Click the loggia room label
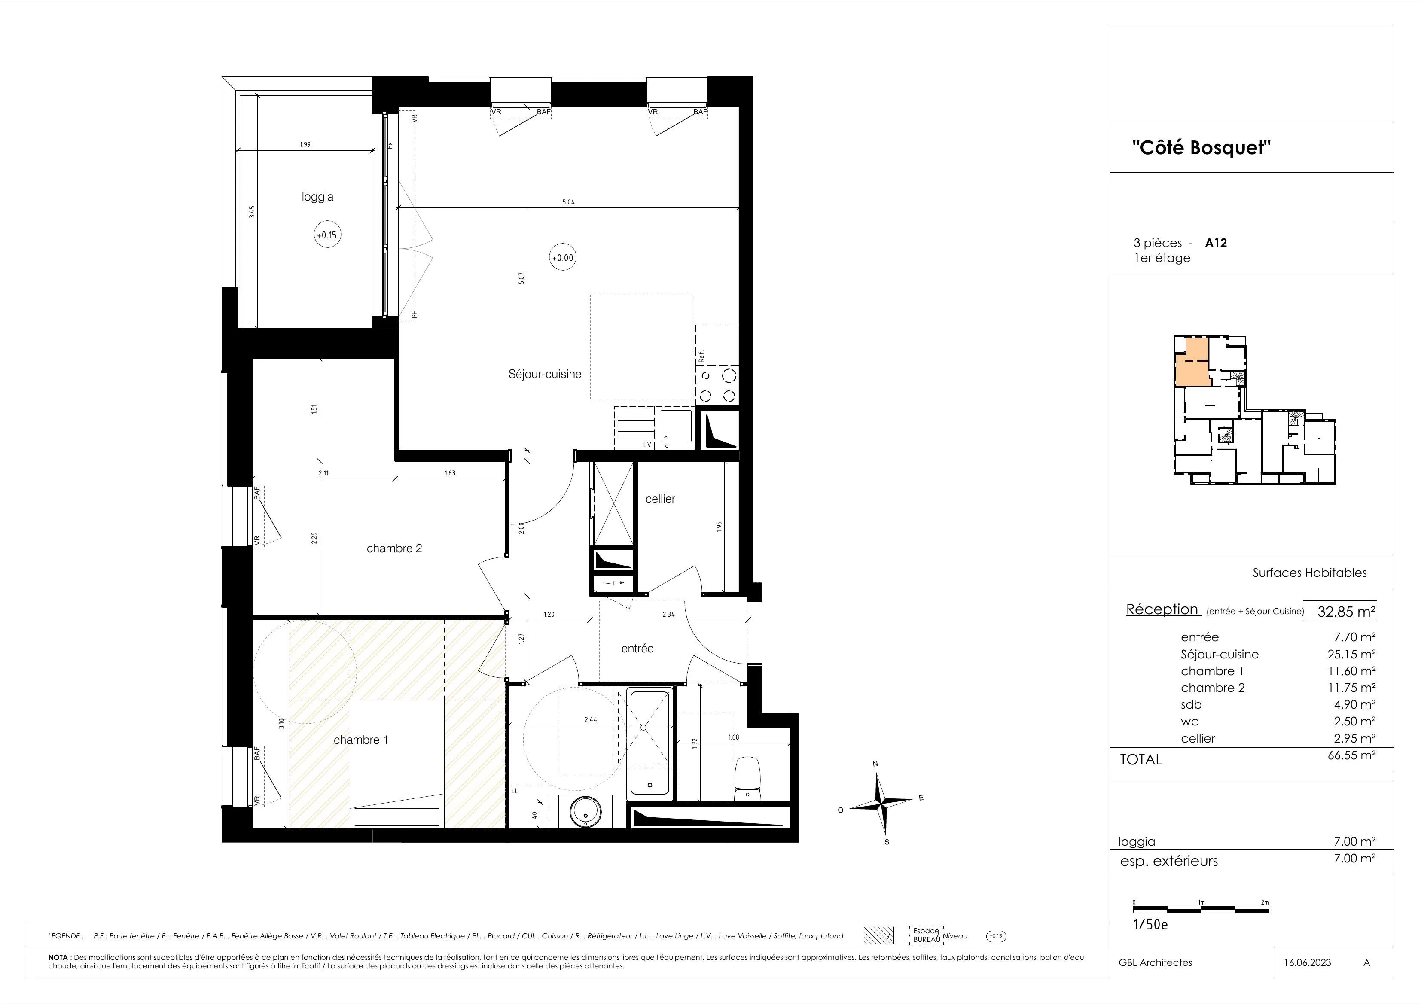coord(317,197)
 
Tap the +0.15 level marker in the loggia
coord(327,235)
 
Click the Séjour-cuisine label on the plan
coord(545,375)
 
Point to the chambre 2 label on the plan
coord(394,548)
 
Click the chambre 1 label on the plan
coord(361,740)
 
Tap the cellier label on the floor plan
coord(660,499)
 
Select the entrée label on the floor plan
coord(637,649)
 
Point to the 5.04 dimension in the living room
coord(568,202)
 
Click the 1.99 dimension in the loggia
coord(305,144)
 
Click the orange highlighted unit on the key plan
coord(1191,362)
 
